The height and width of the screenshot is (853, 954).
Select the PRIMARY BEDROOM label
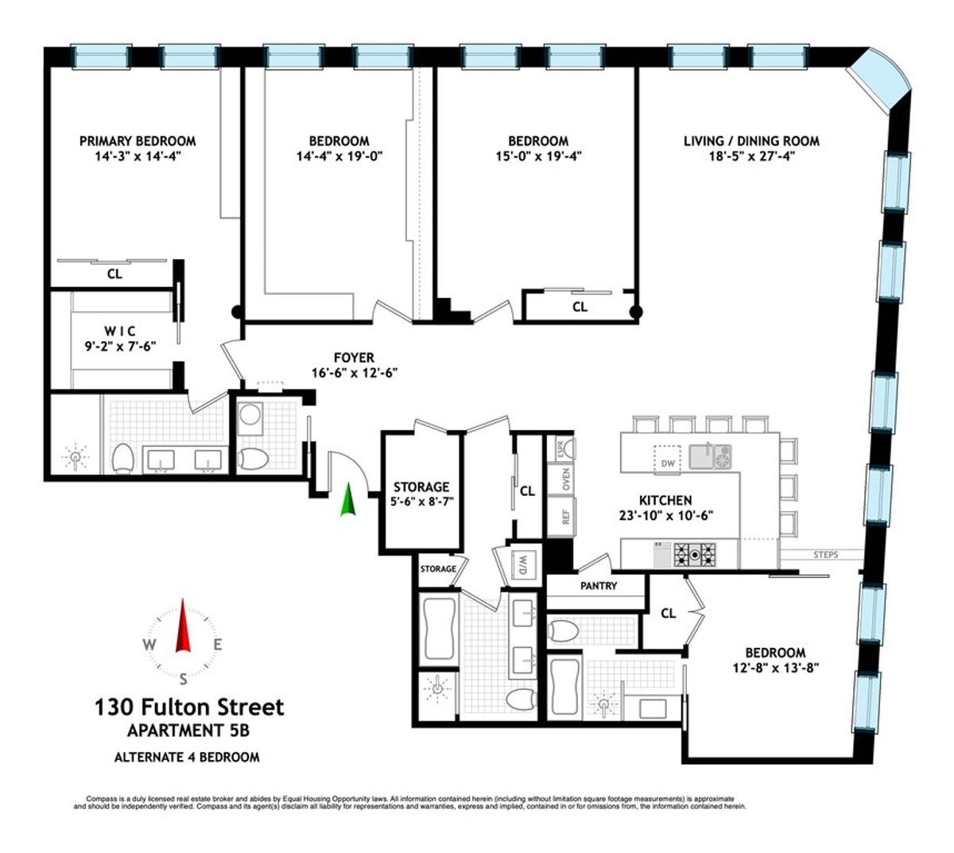pyautogui.click(x=138, y=141)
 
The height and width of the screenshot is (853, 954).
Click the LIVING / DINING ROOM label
pyautogui.click(x=751, y=141)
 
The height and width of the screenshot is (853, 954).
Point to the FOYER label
pyautogui.click(x=354, y=358)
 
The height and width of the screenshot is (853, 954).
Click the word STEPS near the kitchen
pyautogui.click(x=825, y=555)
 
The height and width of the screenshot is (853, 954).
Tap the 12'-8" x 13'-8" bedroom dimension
pyautogui.click(x=775, y=668)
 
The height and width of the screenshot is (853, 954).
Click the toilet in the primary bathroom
pyautogui.click(x=122, y=459)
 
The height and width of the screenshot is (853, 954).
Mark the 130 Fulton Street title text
pyautogui.click(x=189, y=706)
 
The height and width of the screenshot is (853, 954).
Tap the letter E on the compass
pyautogui.click(x=217, y=645)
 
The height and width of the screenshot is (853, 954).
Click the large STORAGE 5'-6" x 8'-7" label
pyautogui.click(x=421, y=494)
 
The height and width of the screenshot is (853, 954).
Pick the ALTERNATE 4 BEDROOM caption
pyautogui.click(x=186, y=757)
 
